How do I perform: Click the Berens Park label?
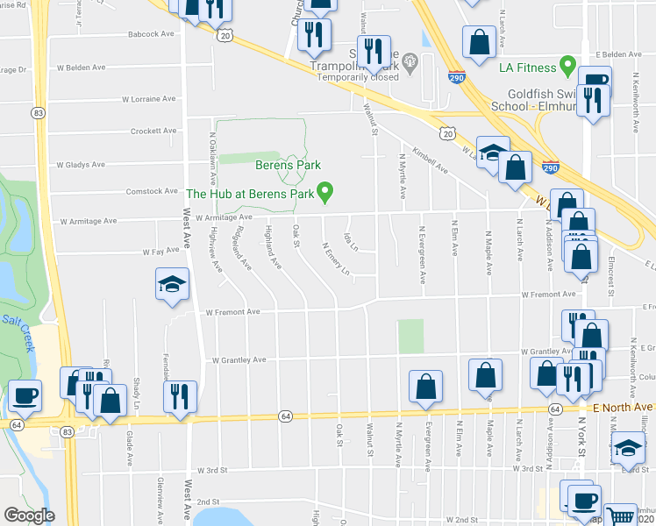point(288,165)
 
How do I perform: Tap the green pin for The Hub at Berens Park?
point(326,190)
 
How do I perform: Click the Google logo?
point(30,515)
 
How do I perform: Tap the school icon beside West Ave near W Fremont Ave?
point(172,284)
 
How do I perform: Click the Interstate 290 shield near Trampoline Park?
point(456,77)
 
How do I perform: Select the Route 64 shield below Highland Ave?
point(285,415)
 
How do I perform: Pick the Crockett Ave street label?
point(153,131)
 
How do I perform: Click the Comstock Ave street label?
point(152,190)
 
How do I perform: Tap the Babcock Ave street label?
point(151,33)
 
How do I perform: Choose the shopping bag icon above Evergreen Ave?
point(425,385)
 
